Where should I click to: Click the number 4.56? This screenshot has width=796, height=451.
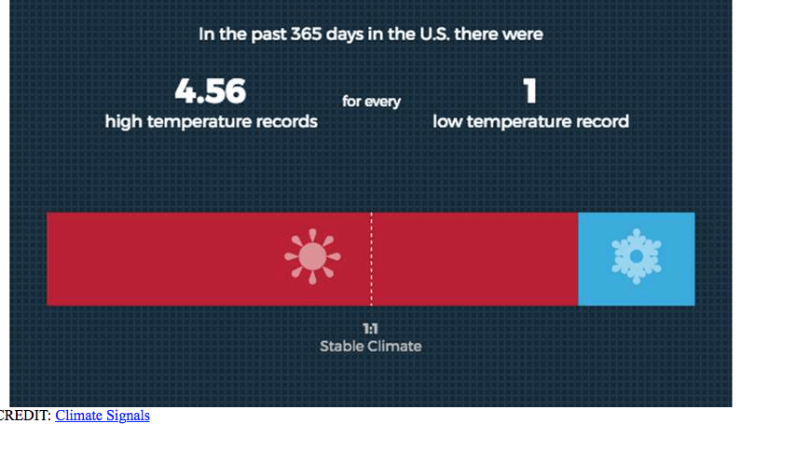210,91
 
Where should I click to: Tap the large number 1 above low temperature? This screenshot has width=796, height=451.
530,91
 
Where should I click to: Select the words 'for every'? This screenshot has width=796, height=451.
371,102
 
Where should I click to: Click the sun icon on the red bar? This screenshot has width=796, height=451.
312,256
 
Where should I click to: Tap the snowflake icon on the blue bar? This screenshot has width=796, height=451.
636,256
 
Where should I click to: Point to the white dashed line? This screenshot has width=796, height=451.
371,259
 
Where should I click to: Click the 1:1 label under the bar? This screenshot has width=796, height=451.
371,329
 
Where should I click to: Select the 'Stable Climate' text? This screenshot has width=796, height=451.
371,347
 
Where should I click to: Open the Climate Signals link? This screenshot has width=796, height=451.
103,416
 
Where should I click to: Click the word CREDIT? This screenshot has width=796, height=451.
24,416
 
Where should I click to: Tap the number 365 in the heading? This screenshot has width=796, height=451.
306,34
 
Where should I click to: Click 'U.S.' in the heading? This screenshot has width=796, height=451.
434,34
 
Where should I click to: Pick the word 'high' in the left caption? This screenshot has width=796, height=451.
123,122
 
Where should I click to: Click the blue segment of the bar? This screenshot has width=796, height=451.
637,259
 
